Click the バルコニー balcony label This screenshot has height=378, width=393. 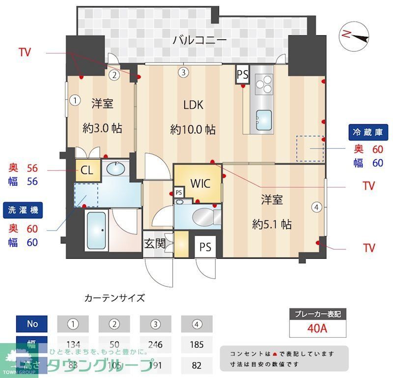tap(199, 40)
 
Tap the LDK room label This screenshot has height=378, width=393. tap(193, 105)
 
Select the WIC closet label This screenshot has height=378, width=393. tap(200, 184)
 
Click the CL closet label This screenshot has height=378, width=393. tap(87, 171)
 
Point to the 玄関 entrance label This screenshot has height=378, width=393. tap(154, 243)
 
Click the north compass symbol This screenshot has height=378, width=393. tap(355, 35)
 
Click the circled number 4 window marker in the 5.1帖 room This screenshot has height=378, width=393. tap(317, 207)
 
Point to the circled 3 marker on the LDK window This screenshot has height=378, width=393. tap(183, 73)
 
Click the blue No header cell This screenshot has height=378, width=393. tap(32, 324)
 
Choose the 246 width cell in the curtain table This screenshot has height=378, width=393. tap(156, 344)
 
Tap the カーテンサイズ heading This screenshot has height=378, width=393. tap(115, 297)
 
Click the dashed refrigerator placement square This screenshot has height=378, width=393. tap(309, 148)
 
